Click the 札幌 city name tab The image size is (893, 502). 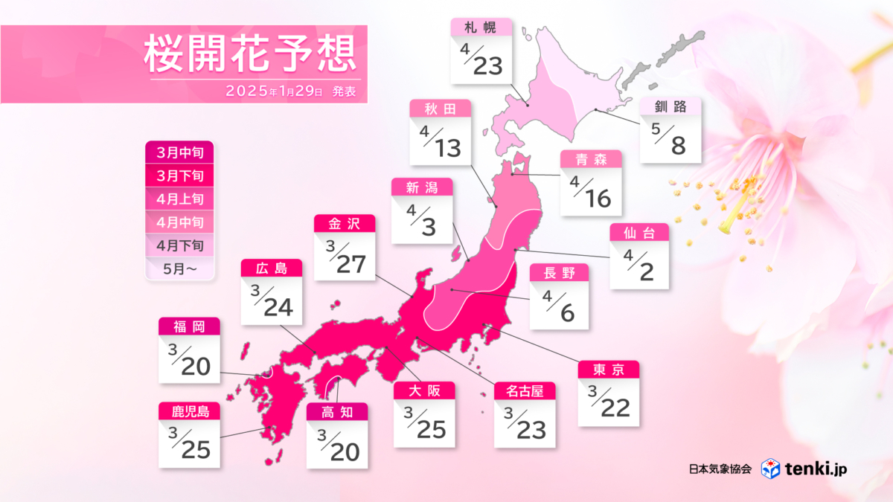point(481,27)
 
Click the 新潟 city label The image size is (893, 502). point(423,187)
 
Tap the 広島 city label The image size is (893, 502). point(272,268)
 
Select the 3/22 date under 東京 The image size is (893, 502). point(609,404)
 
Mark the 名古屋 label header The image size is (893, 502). point(525,390)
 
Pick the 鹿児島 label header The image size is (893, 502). point(189,411)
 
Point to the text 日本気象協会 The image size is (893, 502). point(721,469)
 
